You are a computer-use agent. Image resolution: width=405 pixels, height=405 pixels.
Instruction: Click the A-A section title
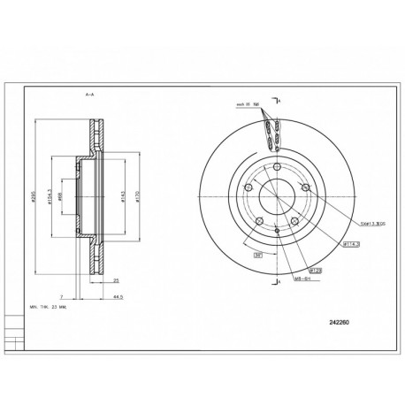tap(90, 92)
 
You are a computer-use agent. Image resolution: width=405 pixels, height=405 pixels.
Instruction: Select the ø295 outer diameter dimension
tap(33, 199)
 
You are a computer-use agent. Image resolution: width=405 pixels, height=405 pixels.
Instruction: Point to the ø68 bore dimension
tap(59, 199)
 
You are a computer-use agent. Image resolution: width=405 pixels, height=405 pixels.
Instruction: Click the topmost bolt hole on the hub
tap(277, 169)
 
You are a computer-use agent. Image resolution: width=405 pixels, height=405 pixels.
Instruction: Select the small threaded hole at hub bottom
tap(278, 232)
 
